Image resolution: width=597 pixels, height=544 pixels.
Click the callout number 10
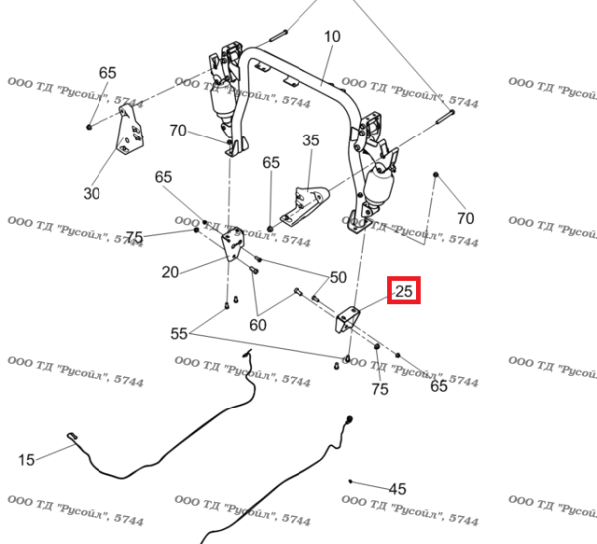pos(332,37)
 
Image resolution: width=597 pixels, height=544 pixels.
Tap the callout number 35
pos(311,141)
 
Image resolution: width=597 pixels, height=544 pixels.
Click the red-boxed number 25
pos(404,292)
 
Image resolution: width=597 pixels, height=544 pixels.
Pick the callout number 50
pos(338,277)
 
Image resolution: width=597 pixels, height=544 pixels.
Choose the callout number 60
pos(258,323)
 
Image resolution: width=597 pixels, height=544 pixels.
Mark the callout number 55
pos(180,333)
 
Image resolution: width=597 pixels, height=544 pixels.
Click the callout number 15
pos(26,459)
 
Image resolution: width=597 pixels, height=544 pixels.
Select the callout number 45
pos(397,489)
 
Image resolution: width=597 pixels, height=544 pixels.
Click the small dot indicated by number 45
pos(351,480)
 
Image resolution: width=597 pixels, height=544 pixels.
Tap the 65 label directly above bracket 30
pos(107,73)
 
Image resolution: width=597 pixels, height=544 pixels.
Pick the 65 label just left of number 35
pos(271,162)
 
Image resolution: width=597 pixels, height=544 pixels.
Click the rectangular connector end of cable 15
pos(73,437)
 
